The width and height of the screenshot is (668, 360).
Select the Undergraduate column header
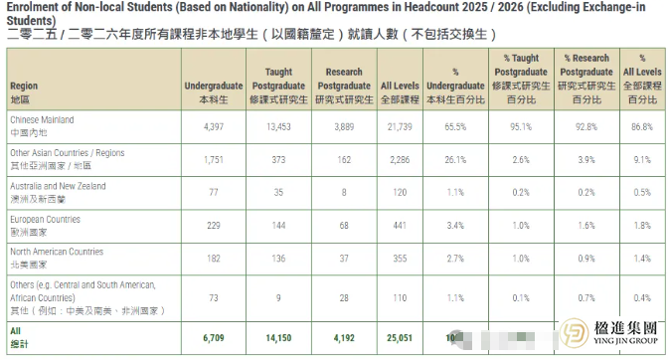(214, 93)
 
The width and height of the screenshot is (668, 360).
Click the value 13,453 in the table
(278, 126)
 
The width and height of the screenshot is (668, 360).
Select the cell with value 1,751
(214, 159)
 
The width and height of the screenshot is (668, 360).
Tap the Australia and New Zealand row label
(57, 191)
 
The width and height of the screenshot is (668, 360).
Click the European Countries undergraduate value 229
(214, 225)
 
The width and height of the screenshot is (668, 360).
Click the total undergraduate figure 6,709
(214, 336)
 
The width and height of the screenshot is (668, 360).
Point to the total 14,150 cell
(278, 336)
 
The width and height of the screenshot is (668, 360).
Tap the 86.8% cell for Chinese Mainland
(640, 126)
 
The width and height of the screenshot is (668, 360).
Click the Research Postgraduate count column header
(342, 87)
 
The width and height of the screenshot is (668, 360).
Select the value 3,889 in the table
(342, 126)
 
